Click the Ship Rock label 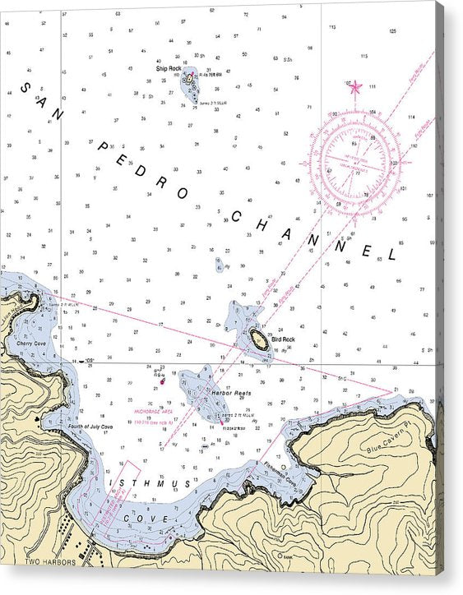point(168,68)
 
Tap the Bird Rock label point(283,339)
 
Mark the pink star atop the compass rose point(355,86)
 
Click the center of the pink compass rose point(360,162)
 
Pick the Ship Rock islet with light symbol point(189,79)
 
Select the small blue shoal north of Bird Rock point(220,265)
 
